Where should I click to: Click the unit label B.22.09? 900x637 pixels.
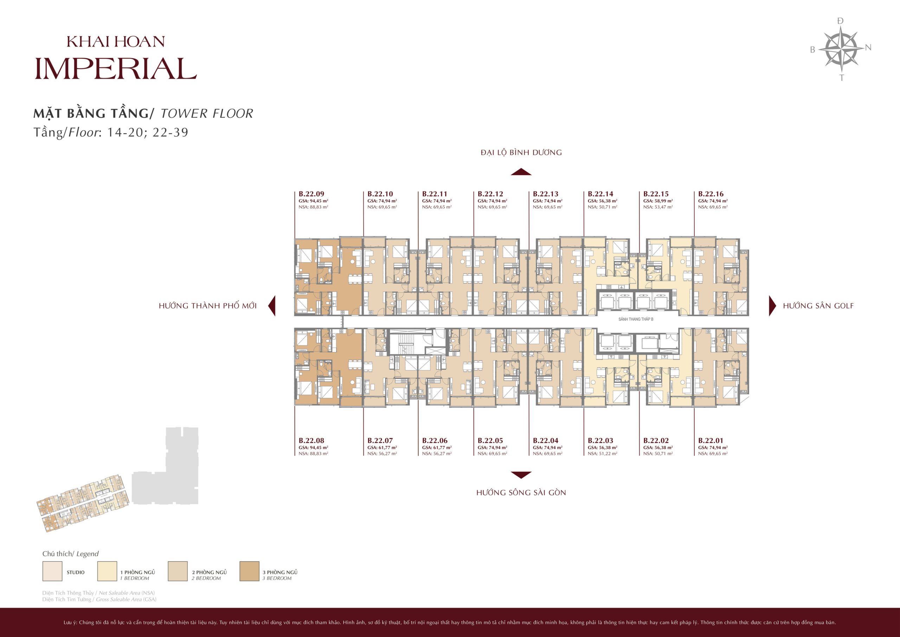tap(311, 194)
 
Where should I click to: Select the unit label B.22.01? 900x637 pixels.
tap(711, 440)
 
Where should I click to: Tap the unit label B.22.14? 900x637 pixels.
tap(600, 194)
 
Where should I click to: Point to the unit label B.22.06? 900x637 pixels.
tap(435, 440)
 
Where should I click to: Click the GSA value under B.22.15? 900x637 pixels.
tap(658, 201)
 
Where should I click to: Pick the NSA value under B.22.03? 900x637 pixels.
tap(603, 453)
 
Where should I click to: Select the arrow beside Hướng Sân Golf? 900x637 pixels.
tap(773, 306)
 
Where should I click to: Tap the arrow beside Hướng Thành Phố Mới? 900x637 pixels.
tap(272, 306)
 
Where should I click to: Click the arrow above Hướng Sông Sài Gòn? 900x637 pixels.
tap(521, 475)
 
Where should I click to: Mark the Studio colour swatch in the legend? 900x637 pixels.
tap(52, 571)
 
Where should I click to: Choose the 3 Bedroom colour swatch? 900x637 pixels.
tap(249, 571)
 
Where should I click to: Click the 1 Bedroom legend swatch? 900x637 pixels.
tap(107, 571)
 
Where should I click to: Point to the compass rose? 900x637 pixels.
tap(841, 49)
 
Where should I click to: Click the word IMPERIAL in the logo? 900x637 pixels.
tap(116, 69)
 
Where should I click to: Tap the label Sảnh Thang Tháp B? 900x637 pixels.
tap(636, 319)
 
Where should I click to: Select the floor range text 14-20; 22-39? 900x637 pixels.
tap(148, 132)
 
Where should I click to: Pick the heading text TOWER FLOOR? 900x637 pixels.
tap(207, 113)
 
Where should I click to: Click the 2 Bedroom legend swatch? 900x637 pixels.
tap(178, 571)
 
